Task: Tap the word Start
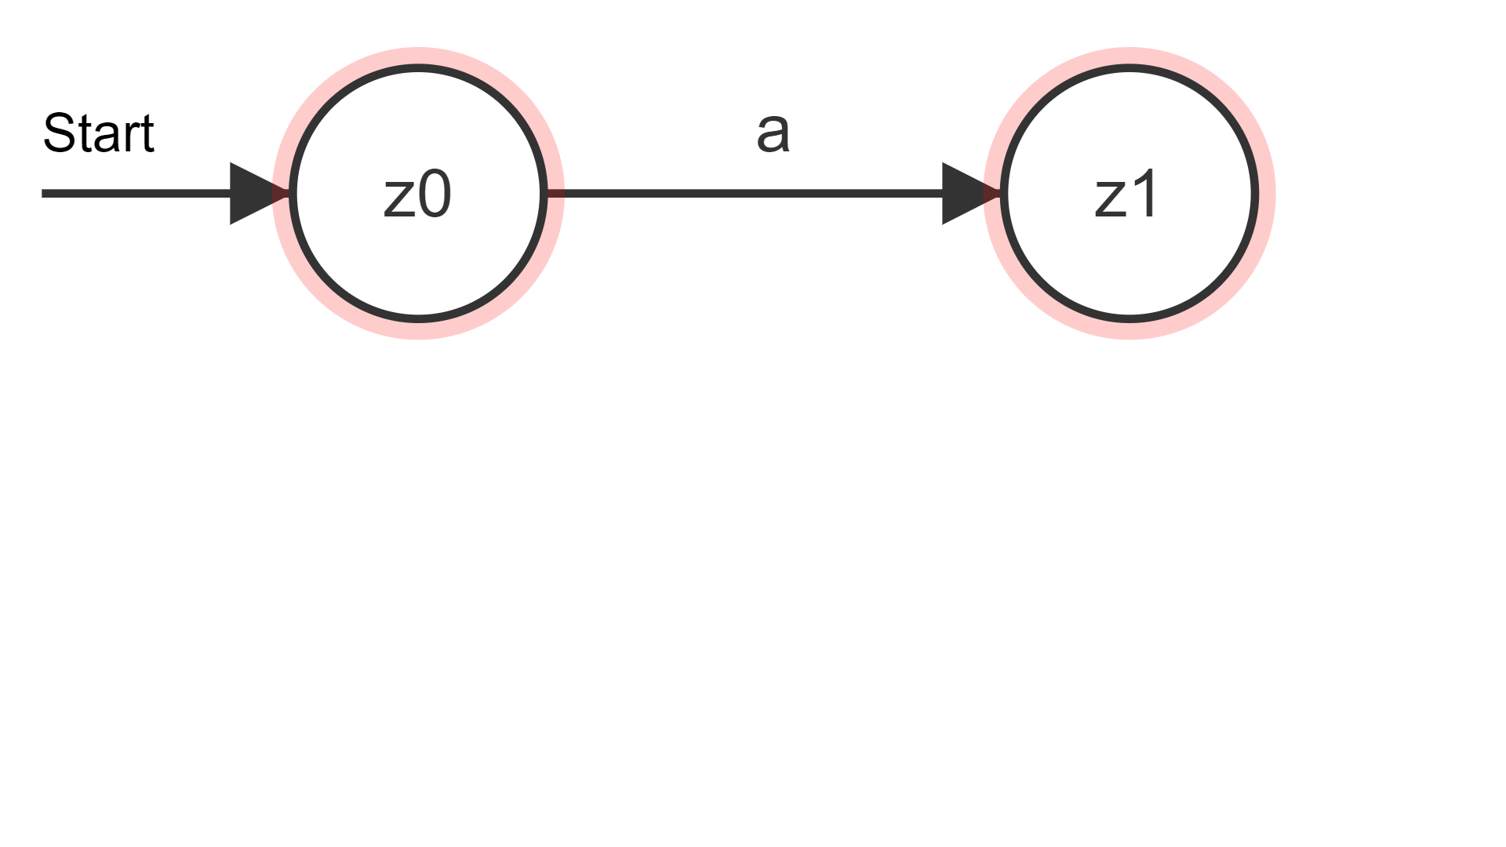[x=98, y=133]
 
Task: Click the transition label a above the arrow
[x=773, y=132]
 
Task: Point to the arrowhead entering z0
[x=260, y=193]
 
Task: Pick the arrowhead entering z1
[x=971, y=193]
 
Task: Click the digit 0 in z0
[x=435, y=195]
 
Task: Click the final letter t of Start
[x=147, y=134]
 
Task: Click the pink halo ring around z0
[x=418, y=56]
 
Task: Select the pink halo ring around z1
[x=1129, y=56]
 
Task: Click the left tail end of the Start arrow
[x=42, y=193]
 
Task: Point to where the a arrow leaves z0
[x=548, y=193]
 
